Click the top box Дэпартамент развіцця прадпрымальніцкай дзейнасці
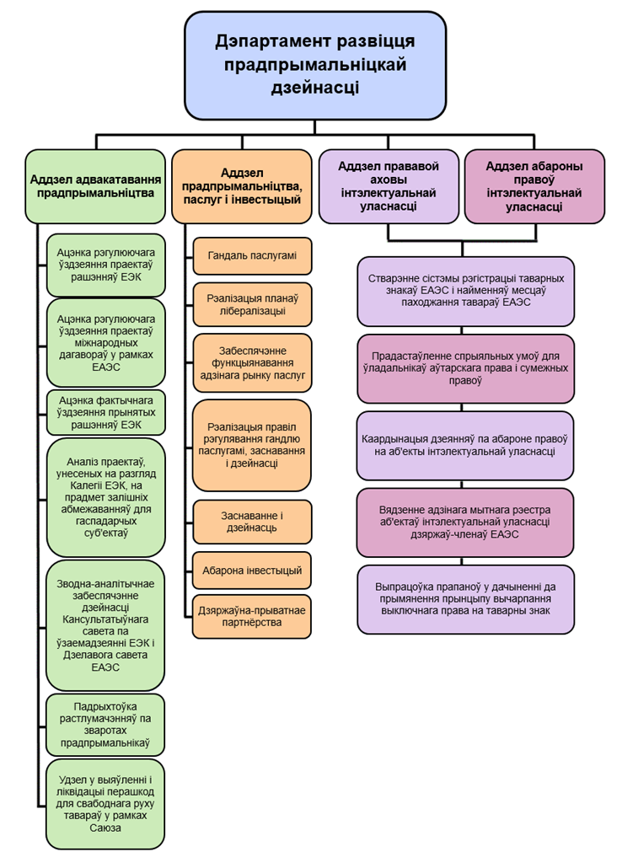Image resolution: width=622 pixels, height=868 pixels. (x=314, y=65)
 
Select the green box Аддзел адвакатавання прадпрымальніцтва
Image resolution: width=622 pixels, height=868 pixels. (x=95, y=186)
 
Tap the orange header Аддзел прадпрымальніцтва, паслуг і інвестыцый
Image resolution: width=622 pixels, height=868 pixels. (x=241, y=186)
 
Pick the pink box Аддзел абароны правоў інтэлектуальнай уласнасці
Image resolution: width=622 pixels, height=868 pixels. (x=534, y=186)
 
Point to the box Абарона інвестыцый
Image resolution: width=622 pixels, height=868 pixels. (x=251, y=571)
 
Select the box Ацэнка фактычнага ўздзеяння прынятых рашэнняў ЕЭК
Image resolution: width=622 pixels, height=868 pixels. (x=105, y=412)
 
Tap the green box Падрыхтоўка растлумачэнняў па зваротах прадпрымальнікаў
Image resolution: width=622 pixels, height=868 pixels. (x=105, y=724)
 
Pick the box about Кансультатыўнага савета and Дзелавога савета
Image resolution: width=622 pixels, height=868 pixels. (x=105, y=624)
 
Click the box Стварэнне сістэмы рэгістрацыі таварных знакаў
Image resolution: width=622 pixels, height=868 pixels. (x=465, y=291)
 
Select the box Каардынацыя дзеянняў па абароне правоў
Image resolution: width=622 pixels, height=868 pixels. (x=465, y=445)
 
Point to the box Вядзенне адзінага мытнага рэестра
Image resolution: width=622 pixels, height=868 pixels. (x=465, y=522)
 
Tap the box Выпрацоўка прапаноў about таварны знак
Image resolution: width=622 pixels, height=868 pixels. (x=465, y=599)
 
